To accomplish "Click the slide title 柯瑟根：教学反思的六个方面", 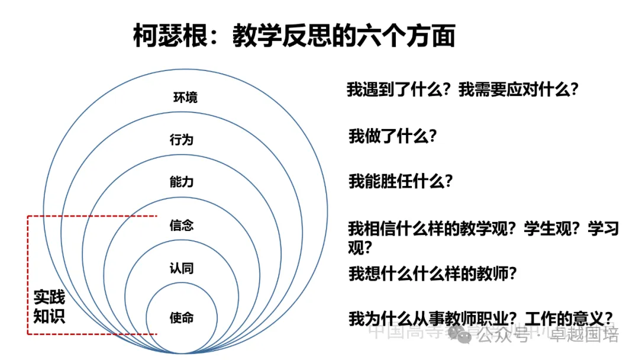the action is (x=293, y=36).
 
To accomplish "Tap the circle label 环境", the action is (x=185, y=97).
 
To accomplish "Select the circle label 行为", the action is (x=182, y=140).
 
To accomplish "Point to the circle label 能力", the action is (x=182, y=182).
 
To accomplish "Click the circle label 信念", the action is (x=182, y=226).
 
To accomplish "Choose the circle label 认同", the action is (x=182, y=269).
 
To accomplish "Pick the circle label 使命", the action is (x=182, y=318).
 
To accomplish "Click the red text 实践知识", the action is (x=49, y=307).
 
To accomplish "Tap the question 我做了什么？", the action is (x=392, y=137).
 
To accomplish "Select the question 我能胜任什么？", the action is (x=401, y=181).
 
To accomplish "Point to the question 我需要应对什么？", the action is (x=518, y=90).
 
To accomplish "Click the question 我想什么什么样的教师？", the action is (x=433, y=274).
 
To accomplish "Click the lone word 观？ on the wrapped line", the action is (x=360, y=246).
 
